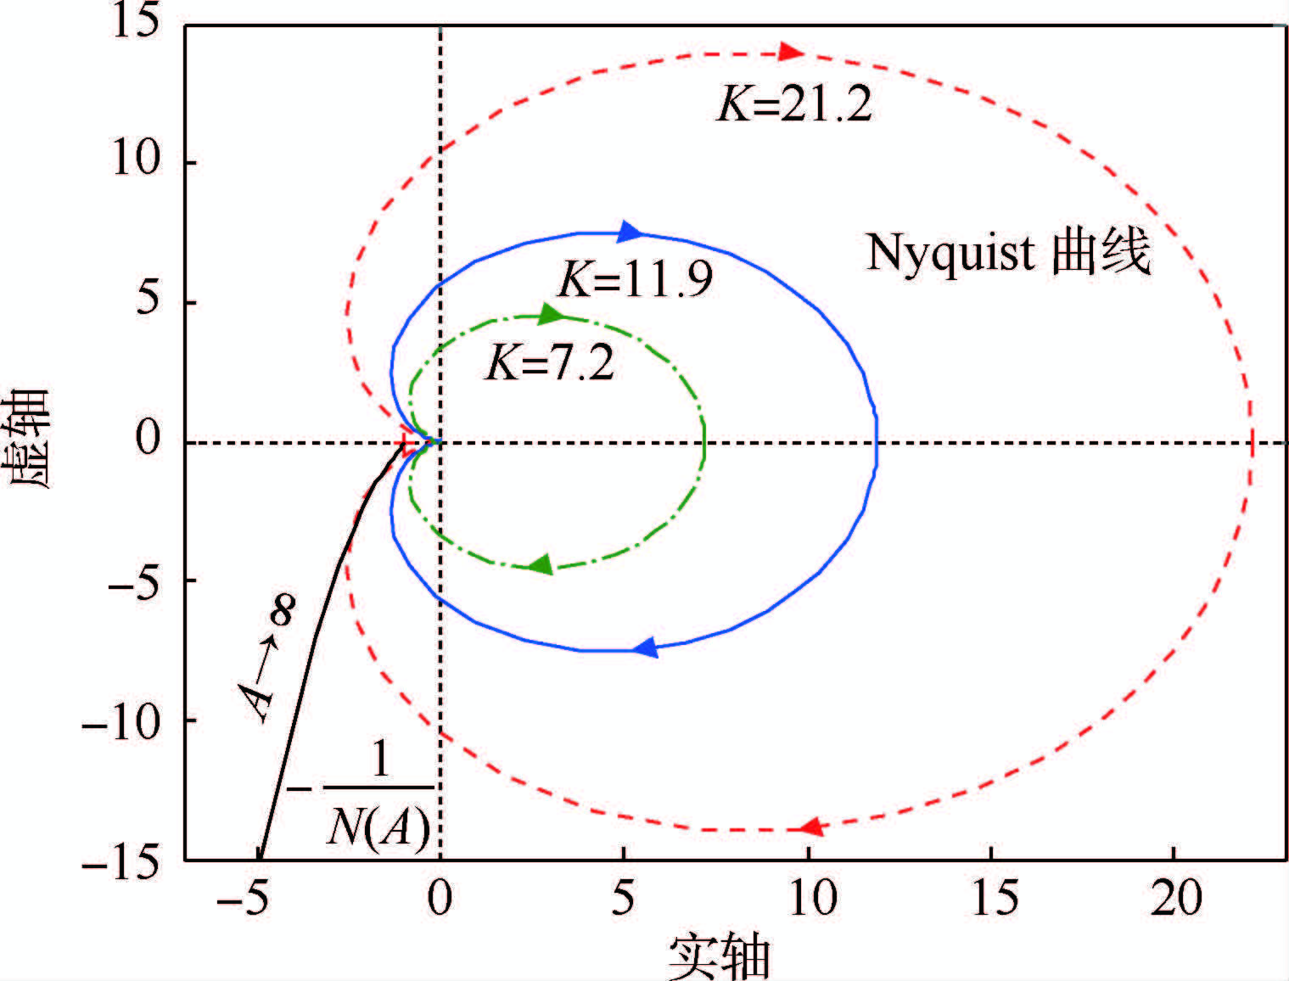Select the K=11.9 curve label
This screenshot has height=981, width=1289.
[636, 280]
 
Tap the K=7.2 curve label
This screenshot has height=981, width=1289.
[549, 364]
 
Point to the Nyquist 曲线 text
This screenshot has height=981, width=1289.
[1008, 252]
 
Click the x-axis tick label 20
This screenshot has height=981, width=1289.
[1176, 898]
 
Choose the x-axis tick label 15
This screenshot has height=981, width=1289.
[993, 898]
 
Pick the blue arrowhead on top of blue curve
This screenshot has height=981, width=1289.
[630, 231]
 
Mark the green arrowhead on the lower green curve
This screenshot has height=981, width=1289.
[541, 564]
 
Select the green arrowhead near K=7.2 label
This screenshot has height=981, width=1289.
[552, 315]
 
